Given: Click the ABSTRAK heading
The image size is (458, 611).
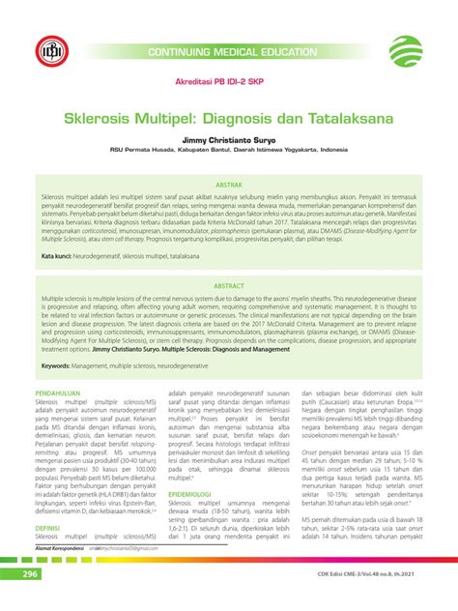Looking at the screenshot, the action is (228, 183).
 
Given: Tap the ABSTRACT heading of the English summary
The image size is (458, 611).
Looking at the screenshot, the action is (228, 287).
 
